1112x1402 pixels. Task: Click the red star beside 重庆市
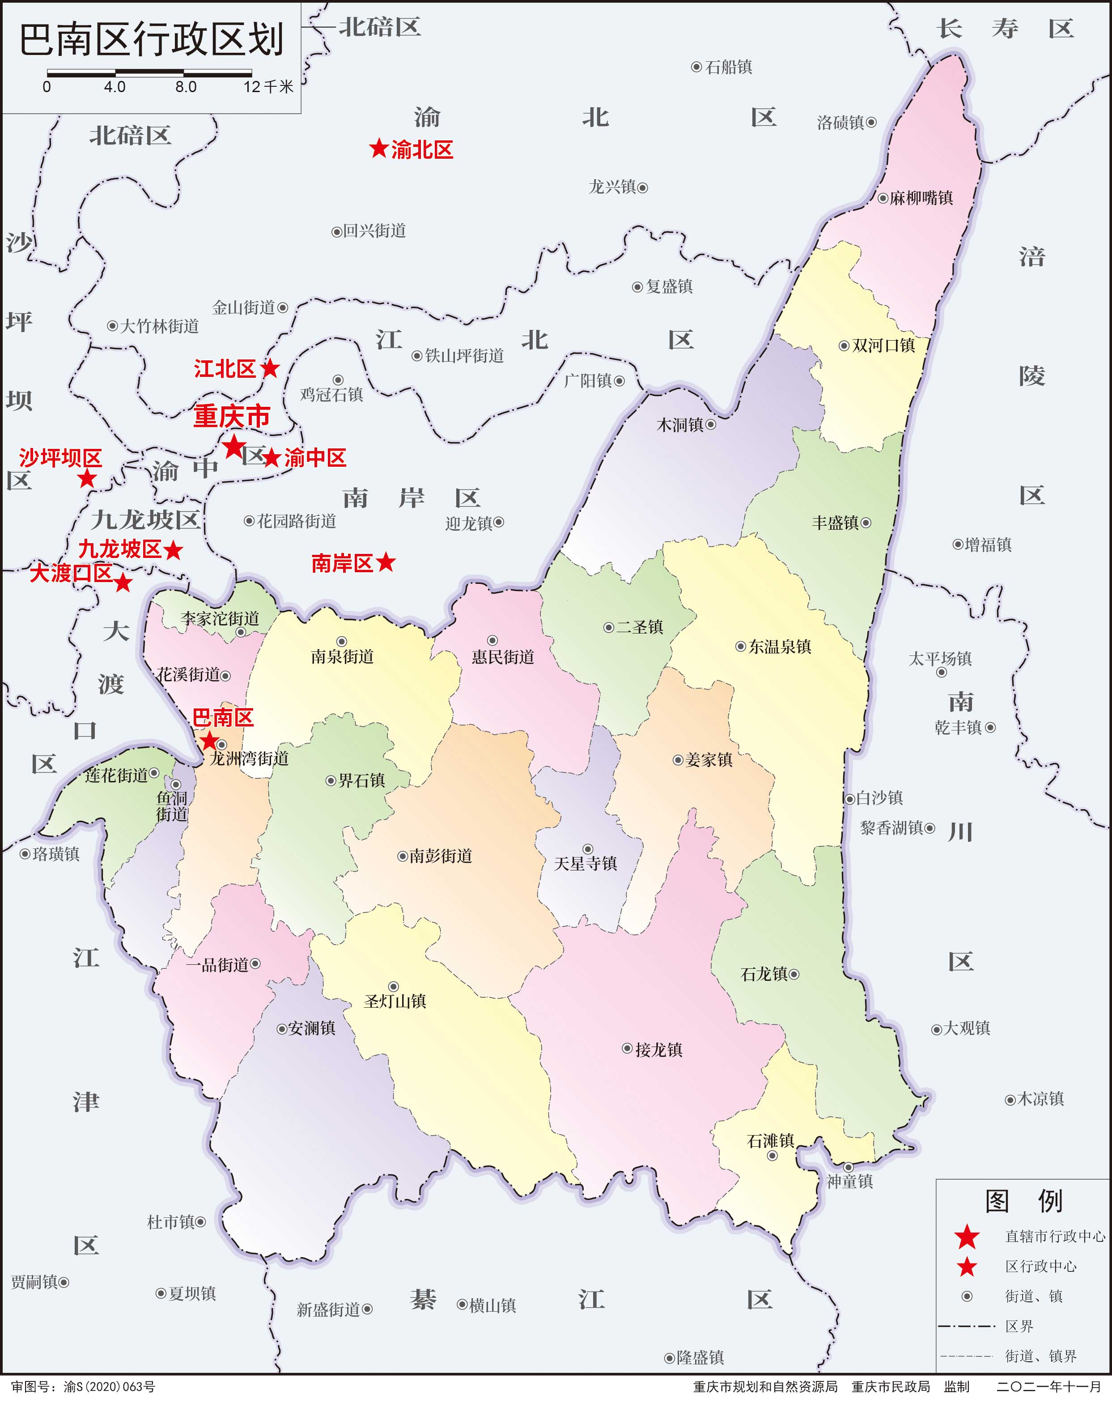(x=233, y=447)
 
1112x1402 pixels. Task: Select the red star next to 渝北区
(x=379, y=148)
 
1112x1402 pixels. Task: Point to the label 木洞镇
(x=680, y=425)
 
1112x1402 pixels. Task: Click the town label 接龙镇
(x=658, y=1050)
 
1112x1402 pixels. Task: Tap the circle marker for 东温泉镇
(x=740, y=646)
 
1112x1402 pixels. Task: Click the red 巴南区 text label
(x=222, y=718)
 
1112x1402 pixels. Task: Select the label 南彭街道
(x=441, y=857)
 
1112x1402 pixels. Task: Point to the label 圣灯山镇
(x=395, y=1001)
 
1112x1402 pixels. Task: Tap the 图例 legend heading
(x=1023, y=1201)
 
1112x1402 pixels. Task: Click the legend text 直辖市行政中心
(x=1054, y=1236)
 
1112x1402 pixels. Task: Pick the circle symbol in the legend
(x=967, y=1296)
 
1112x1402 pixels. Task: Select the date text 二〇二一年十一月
(x=1048, y=1386)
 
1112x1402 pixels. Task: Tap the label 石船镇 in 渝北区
(x=728, y=67)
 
